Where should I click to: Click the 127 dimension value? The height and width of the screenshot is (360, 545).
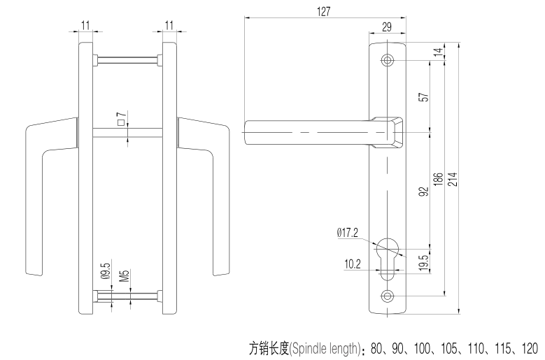(x=323, y=11)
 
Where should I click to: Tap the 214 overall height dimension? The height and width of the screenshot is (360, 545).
(x=453, y=179)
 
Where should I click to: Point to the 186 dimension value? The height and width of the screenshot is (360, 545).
(x=438, y=179)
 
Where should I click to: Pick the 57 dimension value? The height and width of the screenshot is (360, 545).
(x=423, y=96)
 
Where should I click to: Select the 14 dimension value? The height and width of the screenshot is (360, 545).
(x=438, y=54)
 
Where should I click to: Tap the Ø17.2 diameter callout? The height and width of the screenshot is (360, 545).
(x=348, y=233)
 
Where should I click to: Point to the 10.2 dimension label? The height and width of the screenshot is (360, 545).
(x=353, y=264)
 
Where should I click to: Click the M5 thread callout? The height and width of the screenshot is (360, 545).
(x=123, y=273)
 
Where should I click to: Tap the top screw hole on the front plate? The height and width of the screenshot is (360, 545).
(x=388, y=60)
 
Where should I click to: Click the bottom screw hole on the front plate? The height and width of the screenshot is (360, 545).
(x=388, y=295)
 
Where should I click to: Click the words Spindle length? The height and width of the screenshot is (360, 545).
(x=323, y=347)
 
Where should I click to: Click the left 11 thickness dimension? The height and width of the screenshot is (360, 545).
(x=85, y=25)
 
